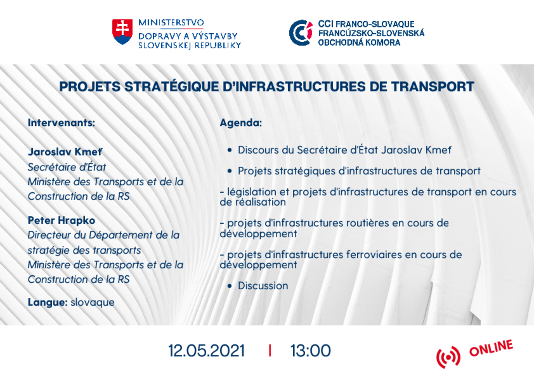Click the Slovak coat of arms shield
click(x=122, y=32)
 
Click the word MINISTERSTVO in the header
click(x=171, y=23)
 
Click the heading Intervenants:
click(x=61, y=123)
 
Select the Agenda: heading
click(x=241, y=123)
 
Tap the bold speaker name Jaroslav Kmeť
click(x=65, y=152)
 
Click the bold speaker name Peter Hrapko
click(x=62, y=221)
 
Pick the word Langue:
click(x=48, y=303)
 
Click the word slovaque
click(x=92, y=303)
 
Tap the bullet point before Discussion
click(x=229, y=286)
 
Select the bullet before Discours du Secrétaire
click(x=229, y=150)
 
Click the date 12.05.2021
click(x=207, y=351)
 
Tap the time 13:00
click(x=310, y=351)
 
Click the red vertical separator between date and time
click(x=270, y=351)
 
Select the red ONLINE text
click(x=491, y=348)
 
